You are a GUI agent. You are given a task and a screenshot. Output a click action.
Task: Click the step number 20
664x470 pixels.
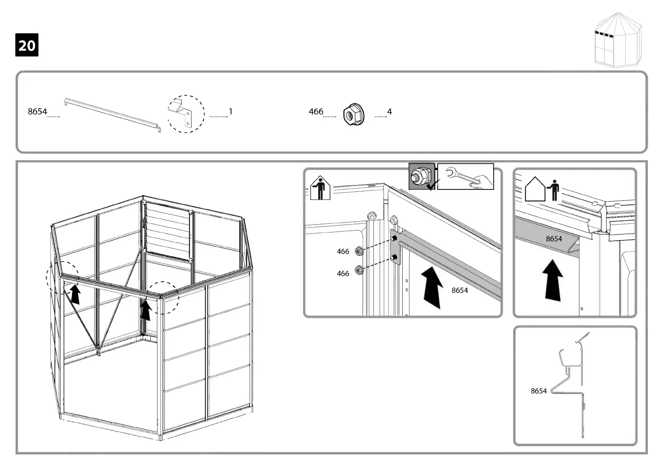tap(27, 45)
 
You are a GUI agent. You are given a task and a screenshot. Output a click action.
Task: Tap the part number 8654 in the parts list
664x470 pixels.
tap(37, 112)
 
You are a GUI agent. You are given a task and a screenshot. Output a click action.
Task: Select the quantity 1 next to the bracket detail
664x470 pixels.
tap(231, 112)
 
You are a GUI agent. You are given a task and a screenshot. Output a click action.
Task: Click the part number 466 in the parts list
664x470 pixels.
tap(316, 112)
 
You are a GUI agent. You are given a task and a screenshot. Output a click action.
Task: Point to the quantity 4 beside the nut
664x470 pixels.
tap(390, 112)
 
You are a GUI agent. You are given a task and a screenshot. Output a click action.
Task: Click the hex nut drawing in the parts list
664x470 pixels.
tap(353, 114)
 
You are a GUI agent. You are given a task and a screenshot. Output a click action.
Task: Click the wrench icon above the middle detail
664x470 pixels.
tap(465, 176)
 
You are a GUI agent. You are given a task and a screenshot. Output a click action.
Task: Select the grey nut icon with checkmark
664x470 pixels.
tap(422, 176)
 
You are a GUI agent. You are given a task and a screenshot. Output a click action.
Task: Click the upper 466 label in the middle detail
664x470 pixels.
tap(343, 251)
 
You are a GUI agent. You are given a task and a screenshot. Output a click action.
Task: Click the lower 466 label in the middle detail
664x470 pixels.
tap(343, 273)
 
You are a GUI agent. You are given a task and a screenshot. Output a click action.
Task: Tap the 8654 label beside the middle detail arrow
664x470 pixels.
tap(460, 290)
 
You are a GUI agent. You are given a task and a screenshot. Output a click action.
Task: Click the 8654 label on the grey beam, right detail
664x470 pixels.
tap(554, 239)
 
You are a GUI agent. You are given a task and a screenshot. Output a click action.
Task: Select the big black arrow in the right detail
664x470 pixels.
tap(553, 280)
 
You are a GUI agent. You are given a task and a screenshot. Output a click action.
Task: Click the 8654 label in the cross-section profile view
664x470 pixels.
tap(539, 391)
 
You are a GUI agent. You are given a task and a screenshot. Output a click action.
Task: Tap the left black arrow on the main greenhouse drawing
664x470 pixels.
tap(74, 294)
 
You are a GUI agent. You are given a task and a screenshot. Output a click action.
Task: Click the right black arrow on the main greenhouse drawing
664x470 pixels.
tap(146, 310)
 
